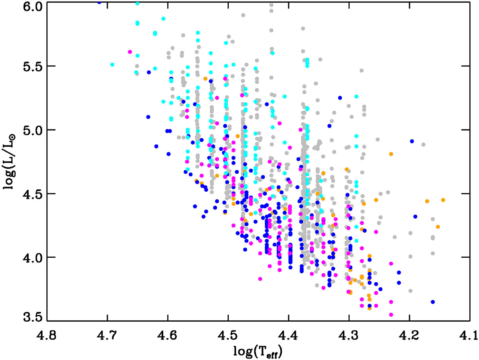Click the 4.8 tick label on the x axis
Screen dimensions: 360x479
47,332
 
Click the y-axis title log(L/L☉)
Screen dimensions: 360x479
11,162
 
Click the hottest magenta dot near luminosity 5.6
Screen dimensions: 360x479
130,52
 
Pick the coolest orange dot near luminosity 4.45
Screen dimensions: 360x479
443,200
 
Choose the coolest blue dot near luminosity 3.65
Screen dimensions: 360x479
433,302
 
